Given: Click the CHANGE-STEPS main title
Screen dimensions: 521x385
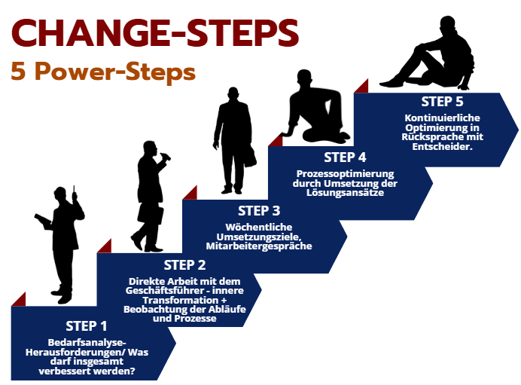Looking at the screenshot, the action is pyautogui.click(x=155, y=32).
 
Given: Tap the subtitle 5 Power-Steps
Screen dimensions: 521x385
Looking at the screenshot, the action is pyautogui.click(x=103, y=72).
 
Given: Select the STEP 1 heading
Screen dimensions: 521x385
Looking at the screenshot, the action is pyautogui.click(x=87, y=326).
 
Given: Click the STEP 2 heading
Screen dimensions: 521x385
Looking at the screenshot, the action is pyautogui.click(x=184, y=265).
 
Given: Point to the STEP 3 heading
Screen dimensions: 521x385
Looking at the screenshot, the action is pyautogui.click(x=259, y=211).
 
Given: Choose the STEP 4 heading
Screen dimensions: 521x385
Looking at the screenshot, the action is pyautogui.click(x=345, y=157).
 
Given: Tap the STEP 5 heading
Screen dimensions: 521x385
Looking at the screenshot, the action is pyautogui.click(x=442, y=102).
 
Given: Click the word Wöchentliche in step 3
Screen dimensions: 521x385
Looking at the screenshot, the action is pyautogui.click(x=259, y=227).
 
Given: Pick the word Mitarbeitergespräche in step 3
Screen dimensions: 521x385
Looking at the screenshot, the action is pyautogui.click(x=259, y=246).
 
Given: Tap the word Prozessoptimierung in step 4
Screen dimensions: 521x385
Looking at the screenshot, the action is pyautogui.click(x=346, y=174).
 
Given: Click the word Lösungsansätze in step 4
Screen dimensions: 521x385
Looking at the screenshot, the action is pyautogui.click(x=346, y=193).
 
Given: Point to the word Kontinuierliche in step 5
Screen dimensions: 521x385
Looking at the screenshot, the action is pyautogui.click(x=442, y=118).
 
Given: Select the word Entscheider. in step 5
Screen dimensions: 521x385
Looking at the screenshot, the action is pyautogui.click(x=442, y=147).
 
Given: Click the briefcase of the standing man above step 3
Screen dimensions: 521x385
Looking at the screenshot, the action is pyautogui.click(x=250, y=156).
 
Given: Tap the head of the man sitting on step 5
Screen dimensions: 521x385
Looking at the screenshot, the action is pyautogui.click(x=447, y=24).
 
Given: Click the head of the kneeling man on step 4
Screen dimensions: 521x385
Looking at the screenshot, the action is pyautogui.click(x=304, y=78).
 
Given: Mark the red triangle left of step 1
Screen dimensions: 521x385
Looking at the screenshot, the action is pyautogui.click(x=19, y=299).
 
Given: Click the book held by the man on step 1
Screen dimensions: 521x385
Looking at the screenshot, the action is pyautogui.click(x=42, y=219).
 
